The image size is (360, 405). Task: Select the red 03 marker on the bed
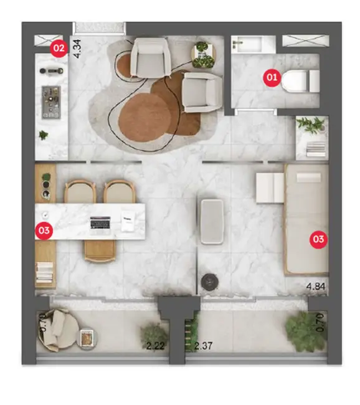pos(318,239)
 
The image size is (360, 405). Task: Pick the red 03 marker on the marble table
pos(44,230)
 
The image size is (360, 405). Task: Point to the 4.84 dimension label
pos(317,287)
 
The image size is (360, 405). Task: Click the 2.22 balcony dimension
pos(154,345)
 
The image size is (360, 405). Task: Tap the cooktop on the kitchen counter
pos(50,100)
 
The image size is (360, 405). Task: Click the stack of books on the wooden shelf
pos(45,272)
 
